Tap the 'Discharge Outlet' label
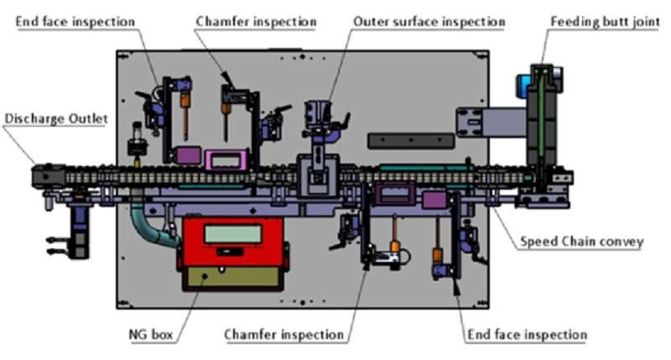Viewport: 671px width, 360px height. [56, 119]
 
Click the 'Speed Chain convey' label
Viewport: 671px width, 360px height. [581, 242]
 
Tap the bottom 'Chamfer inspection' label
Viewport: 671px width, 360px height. [283, 334]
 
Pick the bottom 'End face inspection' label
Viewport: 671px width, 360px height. [526, 334]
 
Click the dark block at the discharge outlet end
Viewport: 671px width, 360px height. [43, 176]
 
